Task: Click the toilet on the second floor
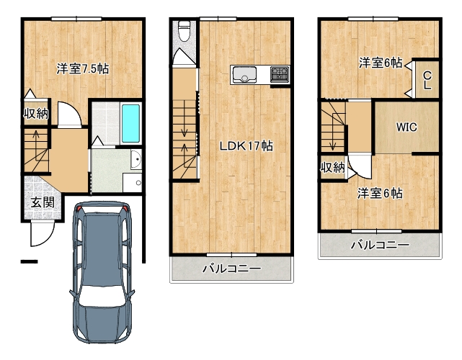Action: pos(185,31)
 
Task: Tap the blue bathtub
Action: pos(131,123)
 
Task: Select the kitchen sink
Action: pos(244,75)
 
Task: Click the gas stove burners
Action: pos(280,74)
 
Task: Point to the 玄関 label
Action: pos(43,202)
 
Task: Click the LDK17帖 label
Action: pos(246,146)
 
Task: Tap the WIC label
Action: pos(407,127)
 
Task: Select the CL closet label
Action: pos(427,81)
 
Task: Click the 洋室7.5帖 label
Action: pos(83,69)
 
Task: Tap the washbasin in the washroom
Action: pos(136,159)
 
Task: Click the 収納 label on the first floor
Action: pos(36,113)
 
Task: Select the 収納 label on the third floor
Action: pos(333,168)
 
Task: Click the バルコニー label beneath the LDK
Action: pos(231,269)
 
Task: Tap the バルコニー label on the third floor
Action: pos(380,245)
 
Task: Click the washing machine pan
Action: pos(133,183)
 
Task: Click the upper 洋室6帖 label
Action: pos(381,63)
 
